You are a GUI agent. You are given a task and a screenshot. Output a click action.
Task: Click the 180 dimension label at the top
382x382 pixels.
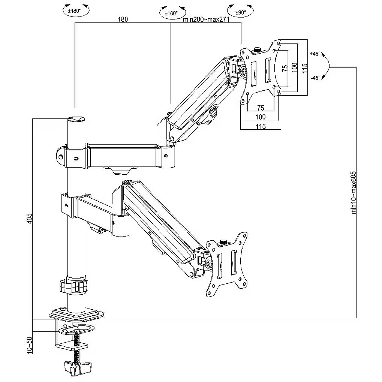(123, 19)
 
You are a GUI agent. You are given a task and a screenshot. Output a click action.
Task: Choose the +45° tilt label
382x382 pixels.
(315, 54)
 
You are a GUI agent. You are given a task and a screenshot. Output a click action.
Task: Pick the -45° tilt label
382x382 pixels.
(315, 78)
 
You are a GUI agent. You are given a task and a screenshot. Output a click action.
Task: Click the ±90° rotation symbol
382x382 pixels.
(241, 12)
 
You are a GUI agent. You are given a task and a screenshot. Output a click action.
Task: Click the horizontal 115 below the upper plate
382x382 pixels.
(261, 126)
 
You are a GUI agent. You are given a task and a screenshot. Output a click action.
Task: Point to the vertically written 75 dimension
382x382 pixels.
(285, 68)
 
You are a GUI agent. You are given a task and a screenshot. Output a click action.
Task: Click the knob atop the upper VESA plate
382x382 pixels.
(257, 49)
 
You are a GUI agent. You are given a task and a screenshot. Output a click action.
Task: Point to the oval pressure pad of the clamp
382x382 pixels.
(76, 330)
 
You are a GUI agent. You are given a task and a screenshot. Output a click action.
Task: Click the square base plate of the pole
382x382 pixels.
(76, 314)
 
